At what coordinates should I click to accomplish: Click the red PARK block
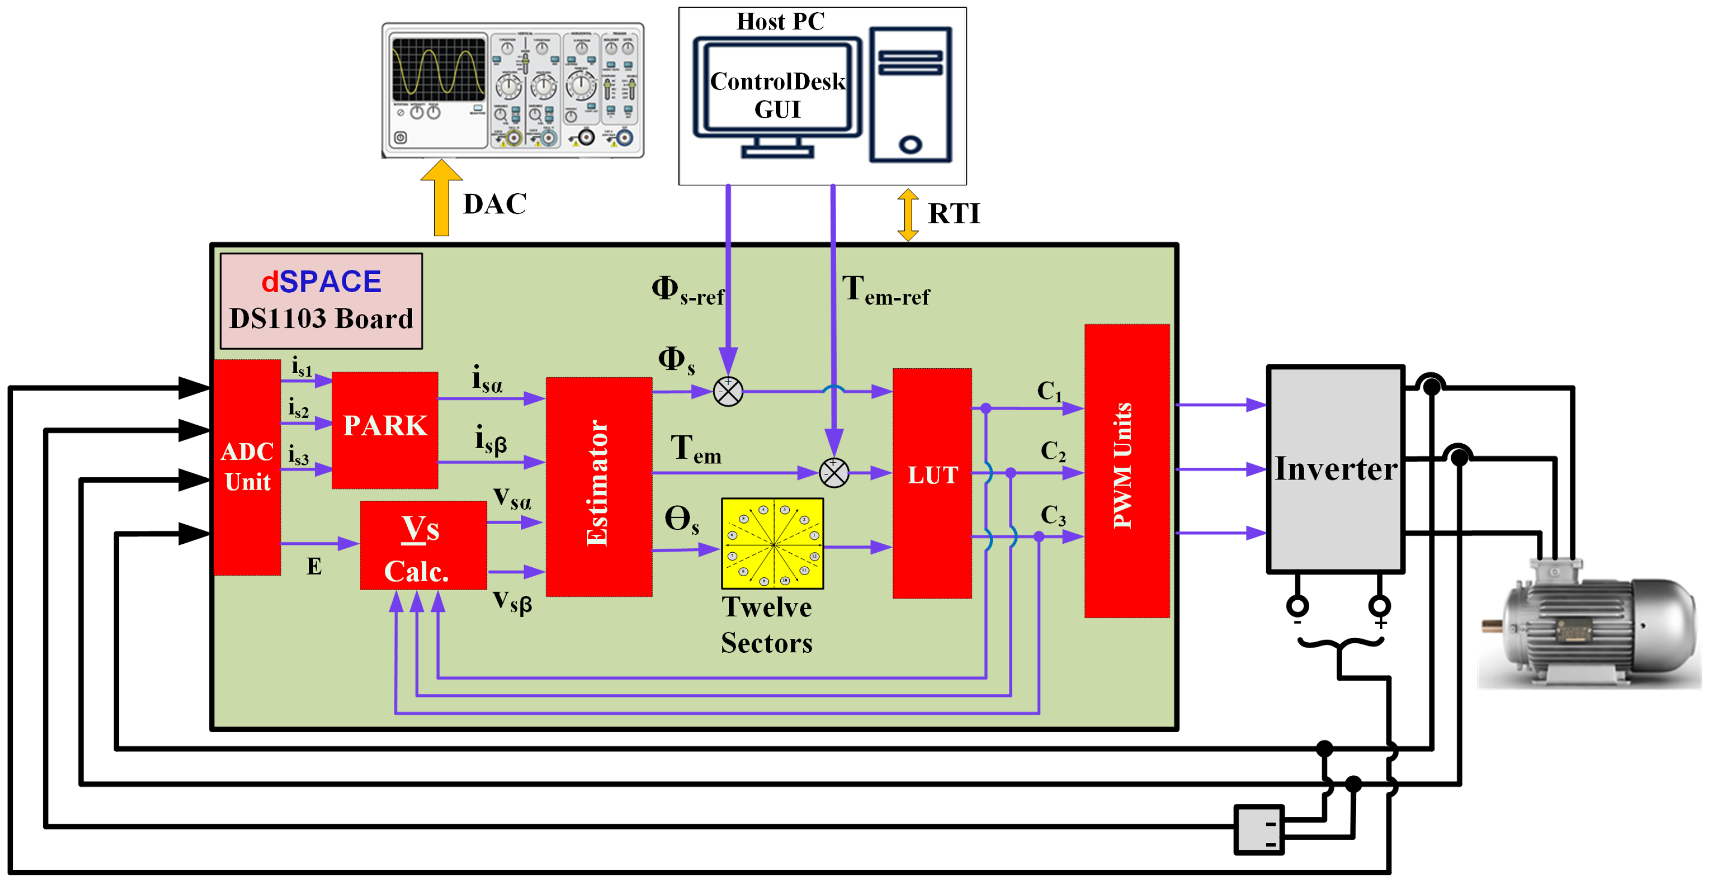tap(385, 430)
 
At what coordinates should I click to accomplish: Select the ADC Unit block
tap(247, 467)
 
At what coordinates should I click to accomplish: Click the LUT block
tap(932, 483)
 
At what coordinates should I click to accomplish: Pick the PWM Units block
tap(1126, 471)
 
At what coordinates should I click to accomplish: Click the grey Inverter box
tap(1335, 469)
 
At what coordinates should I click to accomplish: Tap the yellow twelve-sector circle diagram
tap(772, 544)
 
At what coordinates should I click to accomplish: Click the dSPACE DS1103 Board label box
tap(321, 301)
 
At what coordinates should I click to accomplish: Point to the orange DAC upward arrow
tap(441, 199)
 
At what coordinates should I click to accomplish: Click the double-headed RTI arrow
tap(907, 214)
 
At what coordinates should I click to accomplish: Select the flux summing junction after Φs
tap(728, 392)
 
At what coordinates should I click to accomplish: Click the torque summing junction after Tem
tap(834, 472)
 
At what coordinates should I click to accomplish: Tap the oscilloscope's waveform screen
tap(439, 70)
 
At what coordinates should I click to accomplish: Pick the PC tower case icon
tap(910, 95)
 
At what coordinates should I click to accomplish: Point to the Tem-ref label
tap(885, 292)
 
